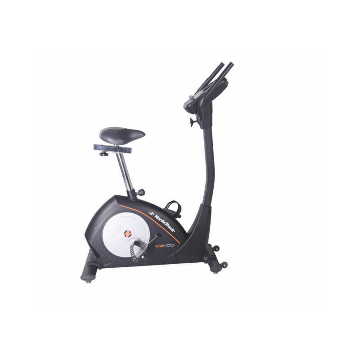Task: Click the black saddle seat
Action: tap(122, 135)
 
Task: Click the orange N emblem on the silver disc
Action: tap(127, 234)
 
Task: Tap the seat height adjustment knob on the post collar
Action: tap(141, 191)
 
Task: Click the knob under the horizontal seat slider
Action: tap(105, 153)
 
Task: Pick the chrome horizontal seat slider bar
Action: tap(112, 149)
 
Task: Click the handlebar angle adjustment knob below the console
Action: tap(193, 121)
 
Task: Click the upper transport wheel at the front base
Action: tap(216, 248)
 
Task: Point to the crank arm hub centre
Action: tap(158, 236)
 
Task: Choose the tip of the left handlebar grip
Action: tap(222, 64)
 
